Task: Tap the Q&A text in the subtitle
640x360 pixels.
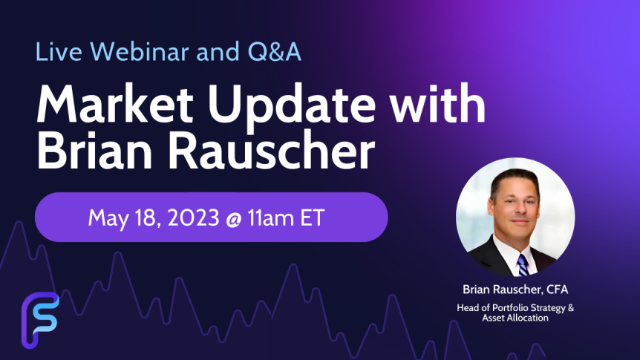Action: point(274,51)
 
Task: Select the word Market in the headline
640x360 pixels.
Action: point(114,104)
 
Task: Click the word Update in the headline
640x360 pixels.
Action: point(292,106)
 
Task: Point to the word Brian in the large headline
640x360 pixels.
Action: point(94,151)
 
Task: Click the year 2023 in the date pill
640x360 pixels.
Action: point(193,217)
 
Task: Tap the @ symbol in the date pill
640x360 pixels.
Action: point(233,218)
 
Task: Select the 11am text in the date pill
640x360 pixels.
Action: point(271,217)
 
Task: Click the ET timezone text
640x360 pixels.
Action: point(313,217)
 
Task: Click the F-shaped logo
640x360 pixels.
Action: point(40,320)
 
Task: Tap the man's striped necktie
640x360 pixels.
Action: point(523,264)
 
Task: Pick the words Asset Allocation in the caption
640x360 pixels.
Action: point(515,318)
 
